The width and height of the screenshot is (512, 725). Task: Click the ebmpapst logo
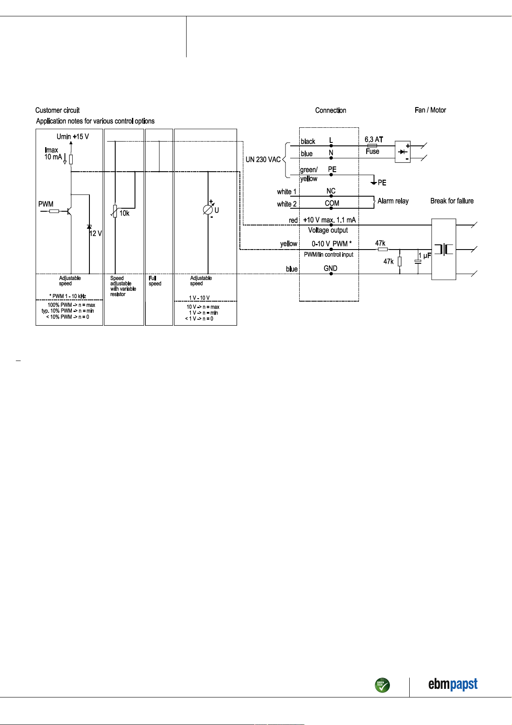coord(453,684)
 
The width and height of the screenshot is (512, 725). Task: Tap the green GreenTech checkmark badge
coord(382,685)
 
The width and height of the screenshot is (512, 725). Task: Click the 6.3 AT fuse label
coord(374,139)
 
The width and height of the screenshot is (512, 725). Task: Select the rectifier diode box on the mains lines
coord(402,151)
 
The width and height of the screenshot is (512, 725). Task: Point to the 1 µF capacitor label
coord(425,256)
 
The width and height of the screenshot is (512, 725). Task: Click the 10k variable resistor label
coord(124,213)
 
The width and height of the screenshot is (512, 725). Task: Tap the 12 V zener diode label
coord(96,233)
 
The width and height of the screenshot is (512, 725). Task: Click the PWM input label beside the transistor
coord(46,204)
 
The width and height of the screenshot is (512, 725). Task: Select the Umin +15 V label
coord(73,136)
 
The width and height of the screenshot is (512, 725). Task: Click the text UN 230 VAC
coord(263,160)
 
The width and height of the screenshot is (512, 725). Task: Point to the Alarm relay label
coord(393,201)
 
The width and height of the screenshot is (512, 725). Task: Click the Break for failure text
coord(452,201)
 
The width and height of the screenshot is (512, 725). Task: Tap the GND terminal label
coord(330,268)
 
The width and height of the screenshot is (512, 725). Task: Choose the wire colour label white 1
coord(287,191)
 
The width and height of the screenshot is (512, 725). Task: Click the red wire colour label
coord(293,220)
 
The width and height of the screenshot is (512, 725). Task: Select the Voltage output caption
coord(328,230)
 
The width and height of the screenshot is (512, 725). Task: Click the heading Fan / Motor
coord(430,110)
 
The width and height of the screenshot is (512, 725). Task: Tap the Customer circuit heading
coord(57,111)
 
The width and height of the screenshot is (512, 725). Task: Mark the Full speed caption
coord(155,281)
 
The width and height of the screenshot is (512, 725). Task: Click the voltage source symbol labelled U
coord(208,210)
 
